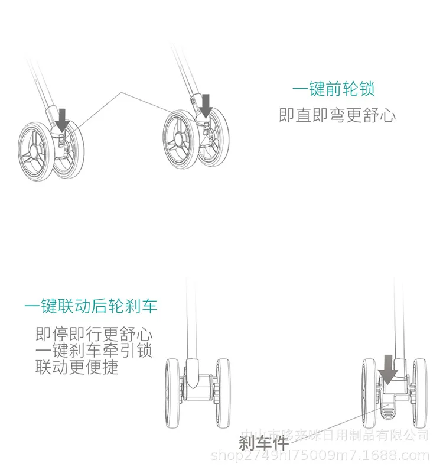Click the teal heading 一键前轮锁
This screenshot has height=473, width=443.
pyautogui.click(x=334, y=89)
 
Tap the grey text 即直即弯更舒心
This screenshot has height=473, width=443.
pyautogui.click(x=337, y=115)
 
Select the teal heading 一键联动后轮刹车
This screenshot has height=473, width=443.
pyautogui.click(x=91, y=306)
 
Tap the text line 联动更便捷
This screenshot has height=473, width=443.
pyautogui.click(x=77, y=367)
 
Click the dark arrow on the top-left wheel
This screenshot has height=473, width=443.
pyautogui.click(x=63, y=119)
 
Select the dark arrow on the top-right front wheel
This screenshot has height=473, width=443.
pyautogui.click(x=206, y=105)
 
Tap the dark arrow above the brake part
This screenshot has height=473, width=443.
pyautogui.click(x=387, y=368)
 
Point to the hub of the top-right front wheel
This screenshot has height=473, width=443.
pyautogui.click(x=177, y=138)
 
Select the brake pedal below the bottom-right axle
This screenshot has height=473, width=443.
pyautogui.click(x=388, y=408)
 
